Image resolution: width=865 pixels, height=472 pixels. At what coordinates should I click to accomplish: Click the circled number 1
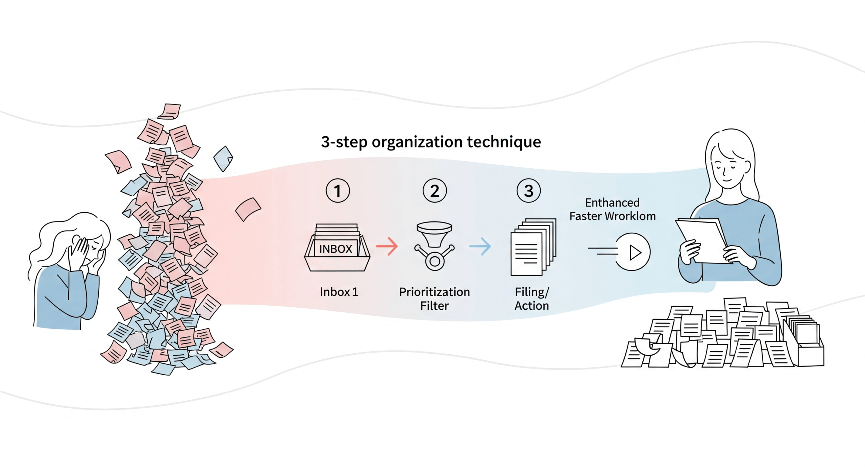(338, 191)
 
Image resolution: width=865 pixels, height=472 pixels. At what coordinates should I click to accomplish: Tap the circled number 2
(435, 191)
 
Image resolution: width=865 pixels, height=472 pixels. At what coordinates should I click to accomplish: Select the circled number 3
(528, 191)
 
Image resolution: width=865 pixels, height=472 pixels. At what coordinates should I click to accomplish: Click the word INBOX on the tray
(336, 249)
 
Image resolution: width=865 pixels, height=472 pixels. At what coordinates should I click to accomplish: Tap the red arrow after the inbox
(387, 246)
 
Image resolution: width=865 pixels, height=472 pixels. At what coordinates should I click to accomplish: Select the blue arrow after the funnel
(480, 246)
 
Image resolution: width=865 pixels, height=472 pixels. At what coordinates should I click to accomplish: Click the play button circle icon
(632, 252)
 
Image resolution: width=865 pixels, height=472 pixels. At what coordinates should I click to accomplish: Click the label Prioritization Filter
(435, 299)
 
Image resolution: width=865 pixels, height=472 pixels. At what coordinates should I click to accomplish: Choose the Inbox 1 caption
(339, 292)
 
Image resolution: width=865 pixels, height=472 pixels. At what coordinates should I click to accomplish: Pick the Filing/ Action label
(532, 299)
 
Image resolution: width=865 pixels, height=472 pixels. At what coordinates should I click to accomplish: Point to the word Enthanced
(612, 203)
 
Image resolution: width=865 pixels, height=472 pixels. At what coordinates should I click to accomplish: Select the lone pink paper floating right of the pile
(248, 209)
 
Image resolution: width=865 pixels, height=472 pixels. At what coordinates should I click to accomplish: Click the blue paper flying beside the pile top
(223, 158)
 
